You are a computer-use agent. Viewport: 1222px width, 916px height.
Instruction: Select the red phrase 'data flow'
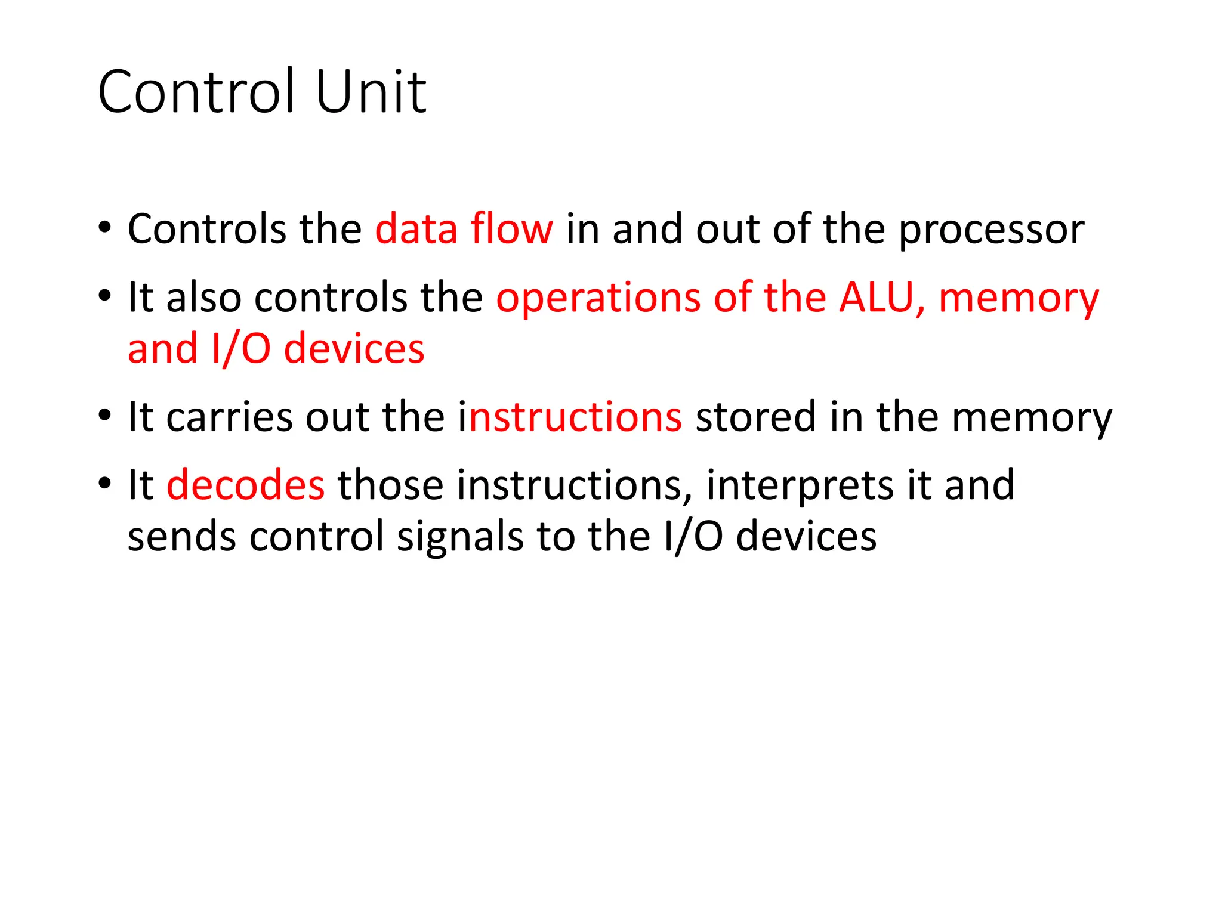click(464, 229)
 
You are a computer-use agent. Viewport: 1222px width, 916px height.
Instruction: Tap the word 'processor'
click(991, 230)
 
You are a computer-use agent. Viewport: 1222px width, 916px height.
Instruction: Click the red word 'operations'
click(598, 298)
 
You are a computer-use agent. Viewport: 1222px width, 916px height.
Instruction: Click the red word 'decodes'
click(245, 485)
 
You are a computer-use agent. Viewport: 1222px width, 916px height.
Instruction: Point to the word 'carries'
click(230, 417)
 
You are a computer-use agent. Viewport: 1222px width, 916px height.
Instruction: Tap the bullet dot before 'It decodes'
click(105, 482)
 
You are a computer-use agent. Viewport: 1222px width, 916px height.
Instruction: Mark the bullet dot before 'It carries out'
click(105, 414)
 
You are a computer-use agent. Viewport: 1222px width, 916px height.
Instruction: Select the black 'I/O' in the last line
click(693, 537)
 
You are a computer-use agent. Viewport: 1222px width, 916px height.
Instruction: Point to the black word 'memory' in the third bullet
click(1032, 418)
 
